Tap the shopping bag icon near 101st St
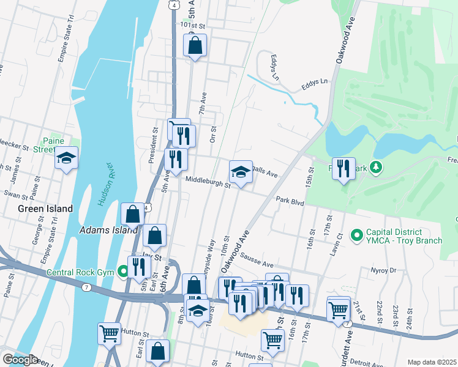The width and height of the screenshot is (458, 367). [195, 46]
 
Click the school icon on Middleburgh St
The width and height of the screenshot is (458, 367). [241, 173]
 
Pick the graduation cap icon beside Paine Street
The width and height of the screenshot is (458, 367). [66, 160]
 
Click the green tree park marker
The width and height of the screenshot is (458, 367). [377, 166]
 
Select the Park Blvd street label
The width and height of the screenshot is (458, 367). [290, 200]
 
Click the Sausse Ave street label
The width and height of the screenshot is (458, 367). [257, 260]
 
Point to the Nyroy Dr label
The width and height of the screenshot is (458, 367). [384, 270]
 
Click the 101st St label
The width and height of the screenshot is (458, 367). [191, 26]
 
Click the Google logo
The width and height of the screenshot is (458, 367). [20, 359]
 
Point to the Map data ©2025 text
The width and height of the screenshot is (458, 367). [432, 362]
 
